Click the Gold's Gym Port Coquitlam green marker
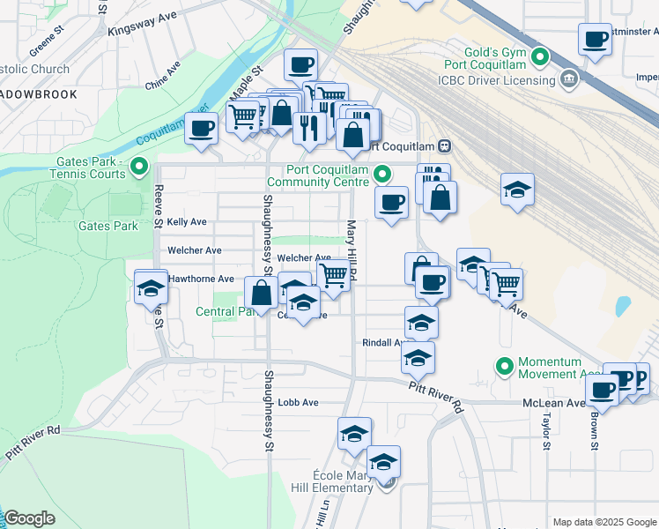[542, 59]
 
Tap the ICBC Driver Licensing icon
[568, 80]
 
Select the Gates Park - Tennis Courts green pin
[139, 167]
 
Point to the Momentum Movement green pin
[505, 365]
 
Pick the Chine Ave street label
[163, 79]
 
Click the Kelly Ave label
[186, 222]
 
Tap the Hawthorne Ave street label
[201, 279]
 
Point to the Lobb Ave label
[298, 402]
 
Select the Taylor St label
[546, 431]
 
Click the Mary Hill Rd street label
[351, 252]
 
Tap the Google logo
[29, 518]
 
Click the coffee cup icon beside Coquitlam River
[201, 129]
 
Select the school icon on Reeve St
[151, 287]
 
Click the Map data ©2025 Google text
[603, 522]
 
